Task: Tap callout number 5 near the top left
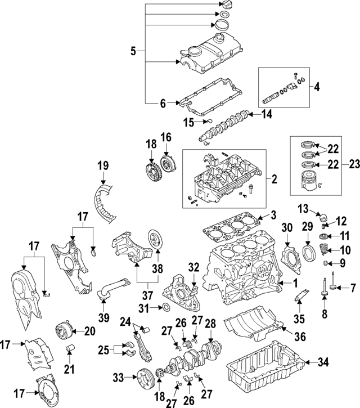point(133,52)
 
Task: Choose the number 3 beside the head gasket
point(272,214)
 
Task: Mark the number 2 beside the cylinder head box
point(274,180)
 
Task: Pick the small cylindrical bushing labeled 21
point(71,352)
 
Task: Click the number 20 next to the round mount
point(90,331)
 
